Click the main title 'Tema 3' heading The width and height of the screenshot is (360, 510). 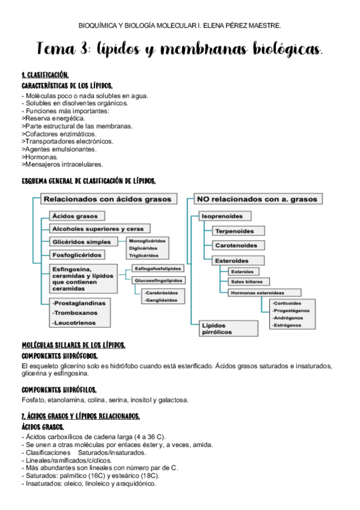coord(180,49)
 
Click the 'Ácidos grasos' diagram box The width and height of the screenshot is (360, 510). coord(78,215)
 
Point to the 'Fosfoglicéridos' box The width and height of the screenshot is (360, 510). coord(78,255)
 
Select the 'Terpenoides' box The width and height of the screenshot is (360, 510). coord(234,231)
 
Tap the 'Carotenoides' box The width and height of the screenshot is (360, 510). coord(236,245)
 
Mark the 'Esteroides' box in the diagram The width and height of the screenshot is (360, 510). coord(231,260)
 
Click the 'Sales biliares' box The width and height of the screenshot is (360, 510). coord(249,281)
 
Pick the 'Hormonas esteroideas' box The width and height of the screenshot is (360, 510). coord(258,292)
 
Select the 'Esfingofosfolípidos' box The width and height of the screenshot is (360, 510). coord(158,269)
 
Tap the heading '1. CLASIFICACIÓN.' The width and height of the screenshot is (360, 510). coord(46,76)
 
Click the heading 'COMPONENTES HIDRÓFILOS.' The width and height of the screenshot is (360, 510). coord(59,389)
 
